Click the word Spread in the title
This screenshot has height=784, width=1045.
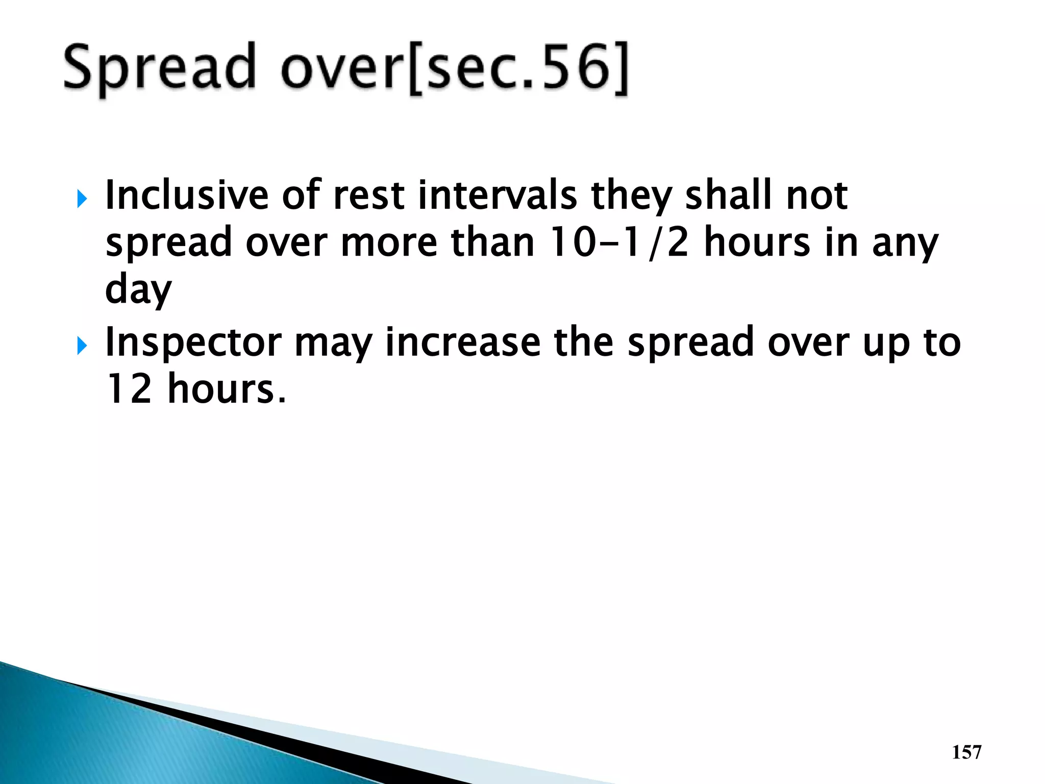159,68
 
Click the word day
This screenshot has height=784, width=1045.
138,290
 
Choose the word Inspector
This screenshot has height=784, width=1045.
193,342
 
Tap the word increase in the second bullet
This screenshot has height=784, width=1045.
462,342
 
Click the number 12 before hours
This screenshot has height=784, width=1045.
129,389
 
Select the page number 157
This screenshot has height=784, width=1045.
966,752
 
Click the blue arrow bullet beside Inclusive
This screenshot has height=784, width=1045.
82,199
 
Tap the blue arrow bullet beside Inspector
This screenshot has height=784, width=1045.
82,347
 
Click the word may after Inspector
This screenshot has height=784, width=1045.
333,342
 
